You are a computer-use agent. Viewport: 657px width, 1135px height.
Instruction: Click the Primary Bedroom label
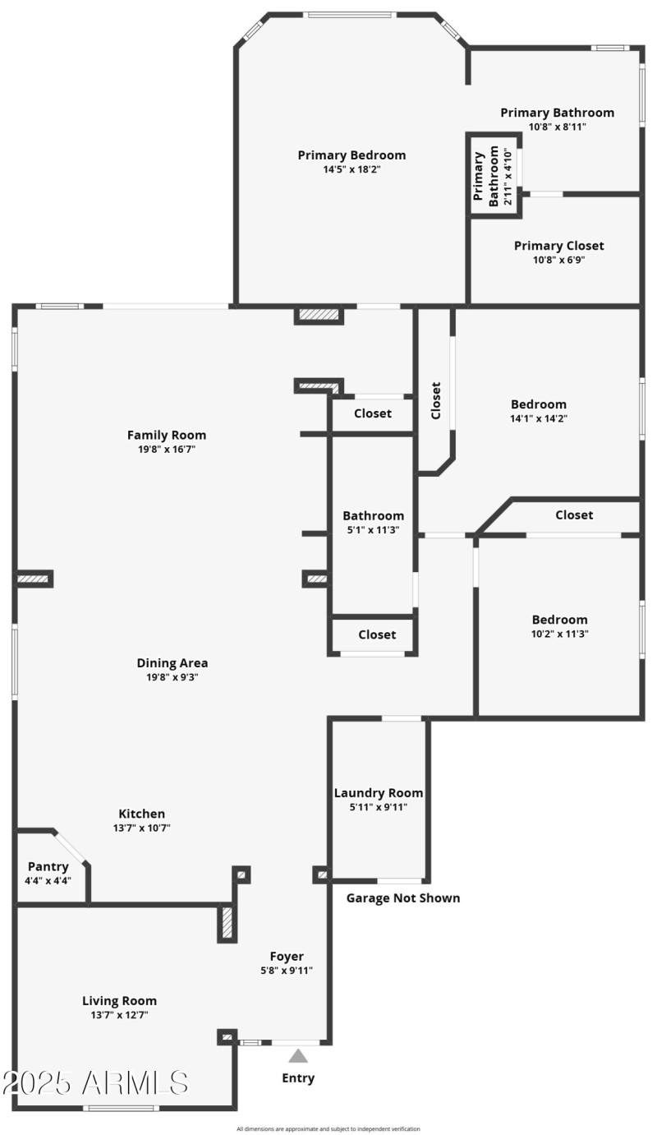351,155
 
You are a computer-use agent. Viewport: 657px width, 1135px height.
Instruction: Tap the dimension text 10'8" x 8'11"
558,127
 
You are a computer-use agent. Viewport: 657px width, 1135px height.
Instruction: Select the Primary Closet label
558,246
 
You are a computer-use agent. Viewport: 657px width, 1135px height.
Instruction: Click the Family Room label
167,435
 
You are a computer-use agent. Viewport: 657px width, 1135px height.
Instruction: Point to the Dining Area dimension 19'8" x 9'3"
172,678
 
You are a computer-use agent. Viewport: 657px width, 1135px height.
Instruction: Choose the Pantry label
48,866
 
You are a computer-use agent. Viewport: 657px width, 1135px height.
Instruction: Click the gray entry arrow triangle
298,1055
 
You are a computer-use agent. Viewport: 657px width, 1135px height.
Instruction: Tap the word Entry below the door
298,1078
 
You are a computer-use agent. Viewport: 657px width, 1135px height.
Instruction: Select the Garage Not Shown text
403,897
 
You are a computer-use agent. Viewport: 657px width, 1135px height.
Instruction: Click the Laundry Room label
379,793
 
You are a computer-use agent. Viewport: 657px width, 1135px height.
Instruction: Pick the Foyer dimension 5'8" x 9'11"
287,971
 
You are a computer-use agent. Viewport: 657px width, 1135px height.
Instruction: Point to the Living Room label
119,1001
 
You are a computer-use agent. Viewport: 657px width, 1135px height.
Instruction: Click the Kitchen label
142,814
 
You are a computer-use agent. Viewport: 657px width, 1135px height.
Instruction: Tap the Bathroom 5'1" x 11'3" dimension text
373,530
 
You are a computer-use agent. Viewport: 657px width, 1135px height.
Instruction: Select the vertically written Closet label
435,400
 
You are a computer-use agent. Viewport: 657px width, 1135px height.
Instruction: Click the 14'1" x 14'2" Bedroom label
539,404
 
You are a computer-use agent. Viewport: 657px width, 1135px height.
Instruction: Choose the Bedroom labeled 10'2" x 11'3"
560,620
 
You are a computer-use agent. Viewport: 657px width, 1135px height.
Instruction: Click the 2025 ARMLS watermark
95,1082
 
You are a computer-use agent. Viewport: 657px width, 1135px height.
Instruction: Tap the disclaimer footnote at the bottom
328,1128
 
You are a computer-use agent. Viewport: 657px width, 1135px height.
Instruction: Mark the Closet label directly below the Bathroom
377,634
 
